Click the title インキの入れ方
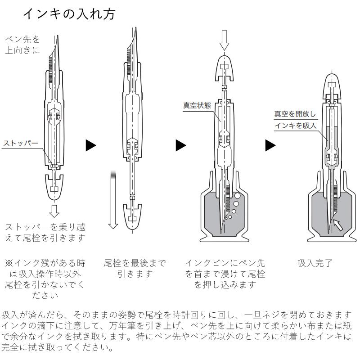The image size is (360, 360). coord(69,14)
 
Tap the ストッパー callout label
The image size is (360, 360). coord(21,143)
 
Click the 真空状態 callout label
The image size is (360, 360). coord(197,105)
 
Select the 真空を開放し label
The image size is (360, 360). coord(295,114)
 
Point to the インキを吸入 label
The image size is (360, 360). coord(296,126)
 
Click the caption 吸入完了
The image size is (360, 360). coord(315,263)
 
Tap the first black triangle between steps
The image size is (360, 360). coord(91,145)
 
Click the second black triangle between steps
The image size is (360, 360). coord(181,145)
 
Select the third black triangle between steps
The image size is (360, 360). coord(270,145)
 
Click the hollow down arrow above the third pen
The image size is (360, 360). coord(224,40)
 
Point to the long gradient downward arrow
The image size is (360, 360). coord(113,200)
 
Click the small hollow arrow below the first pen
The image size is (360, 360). coord(54,211)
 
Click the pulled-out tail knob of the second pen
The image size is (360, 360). coord(132,216)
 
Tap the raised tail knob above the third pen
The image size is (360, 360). coord(224,68)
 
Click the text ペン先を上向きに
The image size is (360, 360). coord(22,45)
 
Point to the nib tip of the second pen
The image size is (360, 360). coord(136,28)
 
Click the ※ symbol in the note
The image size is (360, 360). coord(9,263)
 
